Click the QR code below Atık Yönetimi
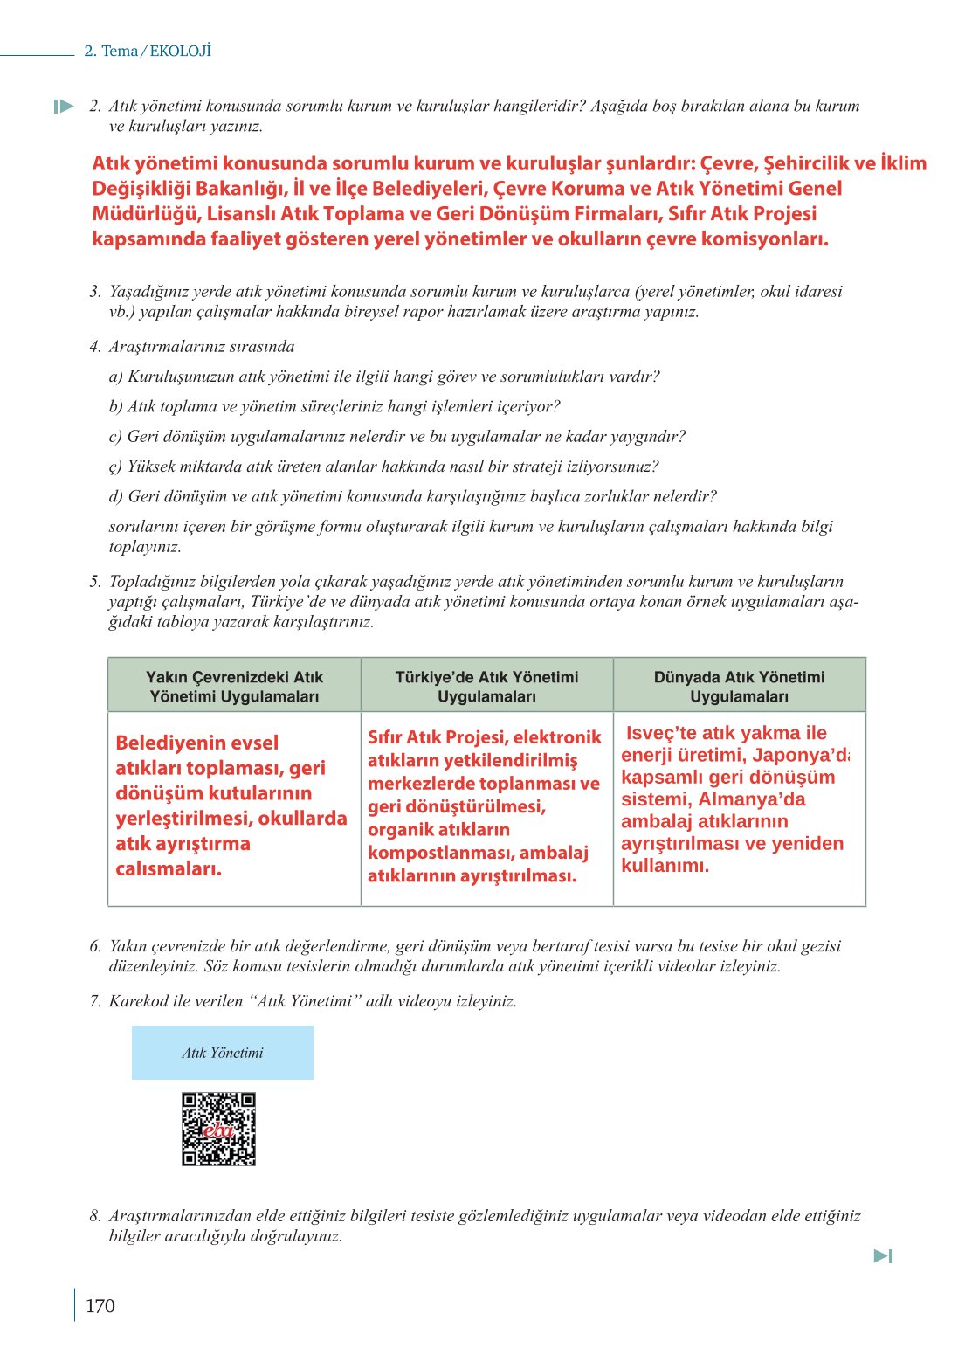click(218, 1128)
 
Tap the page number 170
click(100, 1305)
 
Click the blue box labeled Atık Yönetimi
click(223, 1053)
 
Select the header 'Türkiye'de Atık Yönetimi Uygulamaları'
click(486, 686)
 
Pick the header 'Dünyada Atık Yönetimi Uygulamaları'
click(739, 686)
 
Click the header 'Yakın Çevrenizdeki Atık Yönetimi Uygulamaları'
click(234, 686)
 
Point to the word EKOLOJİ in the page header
click(181, 51)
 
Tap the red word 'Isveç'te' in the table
click(661, 733)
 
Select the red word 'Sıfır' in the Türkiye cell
click(384, 737)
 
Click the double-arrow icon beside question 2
click(64, 107)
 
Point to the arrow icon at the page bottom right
click(883, 1255)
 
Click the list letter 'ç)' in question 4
click(115, 467)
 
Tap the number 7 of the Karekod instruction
click(95, 1001)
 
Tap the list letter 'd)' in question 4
click(116, 496)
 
